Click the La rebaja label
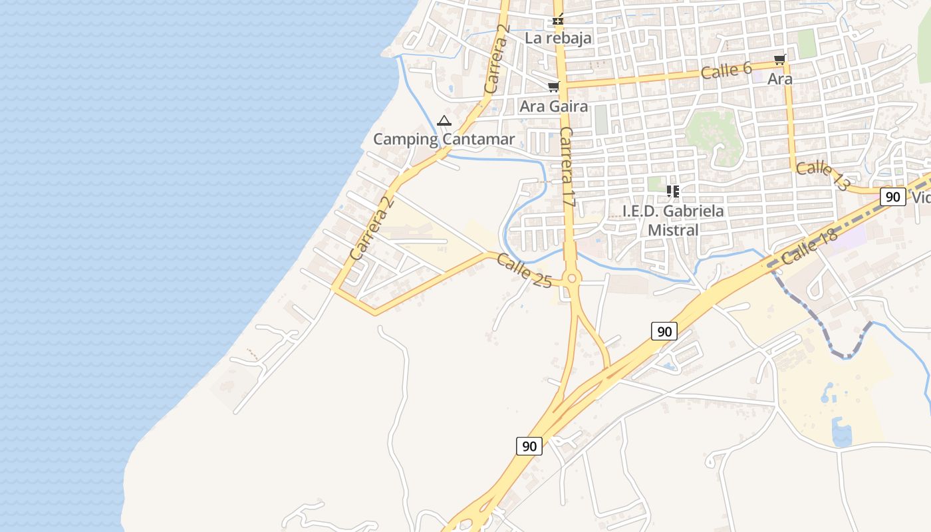click(558, 38)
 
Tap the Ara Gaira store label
click(553, 106)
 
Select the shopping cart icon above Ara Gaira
click(553, 86)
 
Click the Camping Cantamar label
click(444, 139)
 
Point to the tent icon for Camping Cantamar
click(444, 121)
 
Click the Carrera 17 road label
click(567, 167)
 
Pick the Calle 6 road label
click(726, 70)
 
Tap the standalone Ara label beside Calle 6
click(780, 79)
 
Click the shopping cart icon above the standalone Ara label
click(780, 60)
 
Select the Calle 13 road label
click(822, 176)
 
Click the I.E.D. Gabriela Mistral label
click(673, 221)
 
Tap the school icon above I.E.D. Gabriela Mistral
click(673, 192)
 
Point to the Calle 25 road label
click(524, 271)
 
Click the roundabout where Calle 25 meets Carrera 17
click(571, 278)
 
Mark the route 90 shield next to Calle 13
click(893, 197)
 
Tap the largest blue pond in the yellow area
click(841, 433)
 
